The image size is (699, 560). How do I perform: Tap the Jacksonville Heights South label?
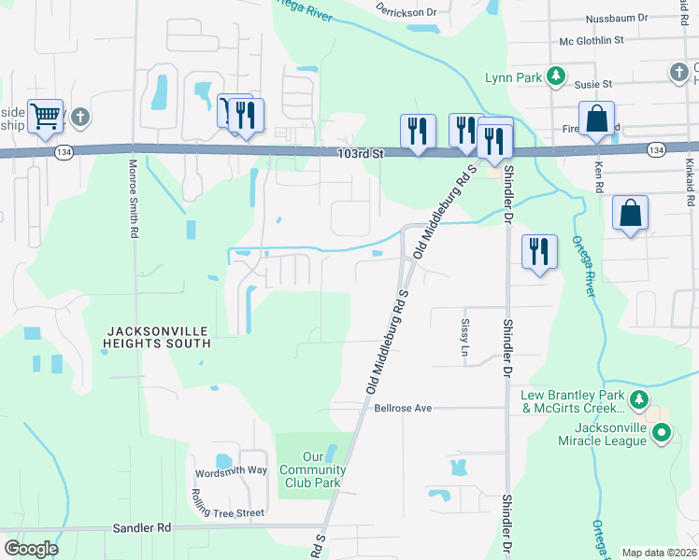pyautogui.click(x=158, y=337)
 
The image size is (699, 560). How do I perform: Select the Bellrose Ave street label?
pyautogui.click(x=403, y=408)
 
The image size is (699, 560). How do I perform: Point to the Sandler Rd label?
pyautogui.click(x=142, y=527)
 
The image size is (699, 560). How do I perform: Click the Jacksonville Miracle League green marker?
pyautogui.click(x=662, y=433)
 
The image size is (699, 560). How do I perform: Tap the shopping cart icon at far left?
pyautogui.click(x=44, y=118)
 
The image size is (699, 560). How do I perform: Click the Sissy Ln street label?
pyautogui.click(x=464, y=338)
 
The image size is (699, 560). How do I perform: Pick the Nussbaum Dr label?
pyautogui.click(x=616, y=18)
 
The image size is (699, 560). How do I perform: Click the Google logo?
pyautogui.click(x=32, y=549)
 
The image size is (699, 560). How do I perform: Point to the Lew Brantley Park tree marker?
pyautogui.click(x=639, y=401)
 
